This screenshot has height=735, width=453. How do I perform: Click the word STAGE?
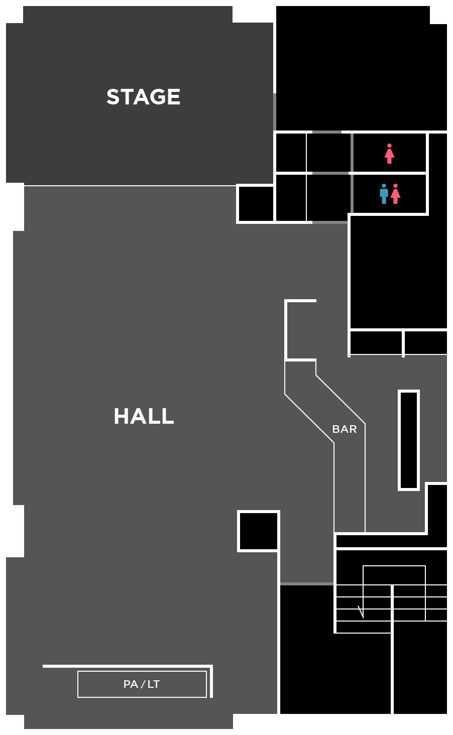(143, 97)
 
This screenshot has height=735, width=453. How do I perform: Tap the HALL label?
(144, 416)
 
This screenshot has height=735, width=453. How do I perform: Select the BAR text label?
(345, 429)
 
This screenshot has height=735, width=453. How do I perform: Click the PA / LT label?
(142, 684)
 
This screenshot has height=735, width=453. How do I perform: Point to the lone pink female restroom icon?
(389, 154)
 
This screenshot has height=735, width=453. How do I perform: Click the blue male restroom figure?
(384, 194)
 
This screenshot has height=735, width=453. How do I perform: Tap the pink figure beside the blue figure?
(396, 194)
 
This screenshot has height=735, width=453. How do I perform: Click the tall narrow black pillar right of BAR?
(409, 440)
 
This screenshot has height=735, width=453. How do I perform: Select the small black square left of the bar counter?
(259, 531)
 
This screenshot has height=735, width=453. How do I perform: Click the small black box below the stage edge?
(256, 204)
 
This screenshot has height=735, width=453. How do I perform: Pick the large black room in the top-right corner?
(361, 68)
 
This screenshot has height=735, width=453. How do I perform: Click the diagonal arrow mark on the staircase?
(361, 612)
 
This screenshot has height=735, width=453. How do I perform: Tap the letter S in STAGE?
(113, 97)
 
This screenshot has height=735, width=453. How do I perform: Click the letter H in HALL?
(121, 416)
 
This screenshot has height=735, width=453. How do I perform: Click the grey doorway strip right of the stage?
(275, 111)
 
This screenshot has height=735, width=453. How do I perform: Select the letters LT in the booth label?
(153, 684)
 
